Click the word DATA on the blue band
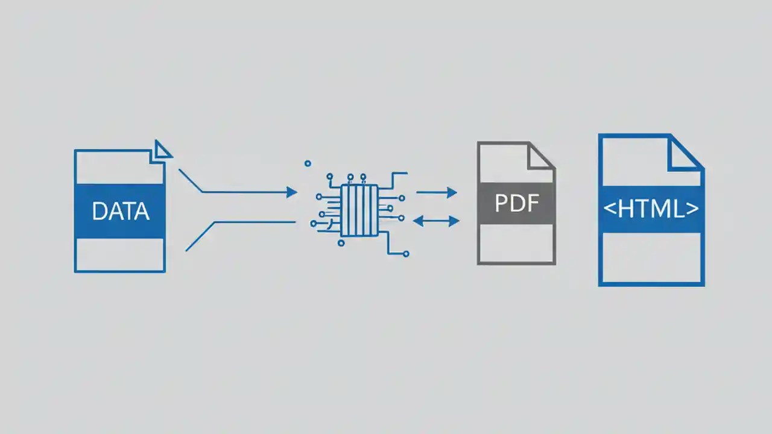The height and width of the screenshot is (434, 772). coord(120,212)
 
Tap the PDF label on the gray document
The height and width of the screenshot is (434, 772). coord(516,203)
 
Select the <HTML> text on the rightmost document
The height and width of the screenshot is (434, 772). coord(651,209)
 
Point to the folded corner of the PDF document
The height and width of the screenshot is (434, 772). coord(540,155)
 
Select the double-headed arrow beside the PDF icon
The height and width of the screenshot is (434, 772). coord(436,221)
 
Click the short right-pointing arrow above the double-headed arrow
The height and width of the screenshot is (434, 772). coord(437,193)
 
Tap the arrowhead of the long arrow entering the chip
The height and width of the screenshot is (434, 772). coord(292,192)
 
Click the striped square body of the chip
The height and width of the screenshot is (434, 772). coord(359,210)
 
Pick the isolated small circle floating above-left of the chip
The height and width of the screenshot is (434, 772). coord(308,163)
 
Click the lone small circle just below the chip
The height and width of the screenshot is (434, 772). coord(341,243)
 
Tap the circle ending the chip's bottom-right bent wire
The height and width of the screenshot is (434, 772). coord(406,254)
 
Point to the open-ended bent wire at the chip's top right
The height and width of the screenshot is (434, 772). coord(398,174)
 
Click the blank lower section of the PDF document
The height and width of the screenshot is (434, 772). coord(516,244)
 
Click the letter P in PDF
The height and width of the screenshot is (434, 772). coord(501,204)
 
